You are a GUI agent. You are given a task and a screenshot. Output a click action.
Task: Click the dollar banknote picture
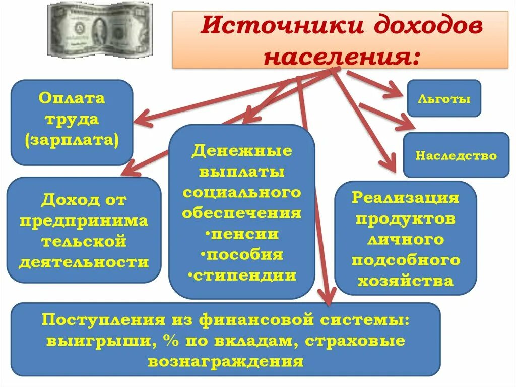point(100,30)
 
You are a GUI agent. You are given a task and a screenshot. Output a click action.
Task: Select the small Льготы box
point(444,98)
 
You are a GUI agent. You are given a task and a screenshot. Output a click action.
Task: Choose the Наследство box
point(456,155)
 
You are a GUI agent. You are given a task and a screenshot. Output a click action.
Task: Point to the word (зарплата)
point(72,140)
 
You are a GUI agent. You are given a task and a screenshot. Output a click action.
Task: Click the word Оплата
point(72,98)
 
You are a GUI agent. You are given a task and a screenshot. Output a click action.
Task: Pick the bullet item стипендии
point(241,275)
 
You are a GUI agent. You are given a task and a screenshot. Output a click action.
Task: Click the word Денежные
point(242,151)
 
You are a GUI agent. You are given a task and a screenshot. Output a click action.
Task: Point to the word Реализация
point(405,197)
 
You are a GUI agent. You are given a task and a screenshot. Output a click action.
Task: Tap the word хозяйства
point(405,280)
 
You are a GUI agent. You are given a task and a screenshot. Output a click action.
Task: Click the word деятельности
point(84,262)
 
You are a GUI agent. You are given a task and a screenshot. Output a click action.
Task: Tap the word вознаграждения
point(226,362)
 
